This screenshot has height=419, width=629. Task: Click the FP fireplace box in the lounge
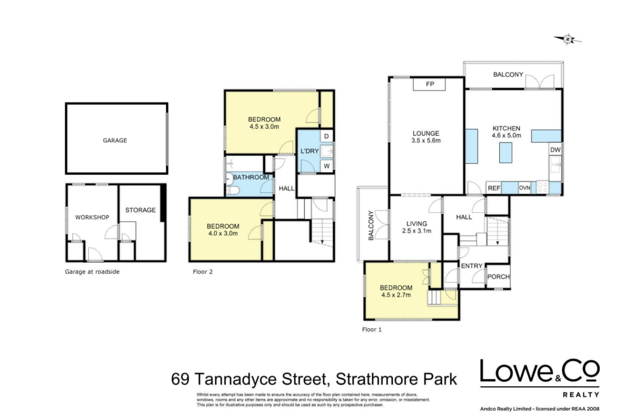pos(429,84)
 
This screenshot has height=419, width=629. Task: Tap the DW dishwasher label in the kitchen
pos(555,150)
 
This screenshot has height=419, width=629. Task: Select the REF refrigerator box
pos(493,188)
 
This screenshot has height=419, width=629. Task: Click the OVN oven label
pos(524,188)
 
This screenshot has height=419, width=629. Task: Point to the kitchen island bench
pos(505,153)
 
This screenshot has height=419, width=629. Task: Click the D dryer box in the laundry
pos(326,136)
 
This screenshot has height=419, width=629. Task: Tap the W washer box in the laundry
pos(326,166)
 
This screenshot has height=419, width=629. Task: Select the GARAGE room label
pos(115,140)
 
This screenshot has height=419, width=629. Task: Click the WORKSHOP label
pos(92,217)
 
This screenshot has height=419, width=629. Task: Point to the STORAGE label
pos(140,210)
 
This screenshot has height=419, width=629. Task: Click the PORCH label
pos(498,276)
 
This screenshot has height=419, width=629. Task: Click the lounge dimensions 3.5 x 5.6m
pos(426,140)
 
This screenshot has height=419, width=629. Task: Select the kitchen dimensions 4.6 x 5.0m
pos(506,135)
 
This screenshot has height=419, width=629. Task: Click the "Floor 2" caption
pos(203,272)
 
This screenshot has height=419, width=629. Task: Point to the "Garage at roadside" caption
pos(92,272)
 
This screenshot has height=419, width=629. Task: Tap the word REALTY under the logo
pos(581,395)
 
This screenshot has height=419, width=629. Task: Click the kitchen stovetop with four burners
pos(543,188)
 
